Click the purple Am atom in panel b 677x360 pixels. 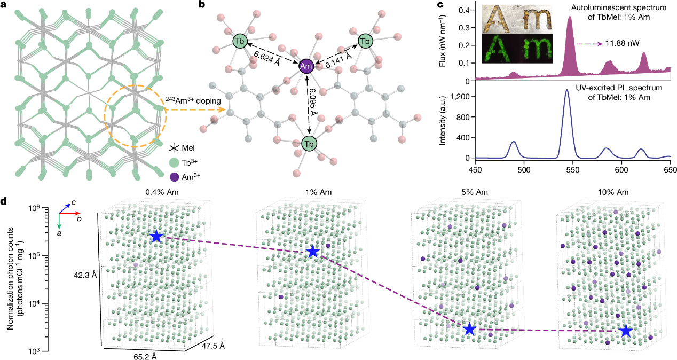tap(306, 66)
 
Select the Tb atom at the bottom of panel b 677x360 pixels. tap(309, 144)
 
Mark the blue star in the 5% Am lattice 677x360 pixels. tap(469, 330)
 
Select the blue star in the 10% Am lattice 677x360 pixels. tap(626, 332)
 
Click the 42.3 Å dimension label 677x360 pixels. tap(85, 275)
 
